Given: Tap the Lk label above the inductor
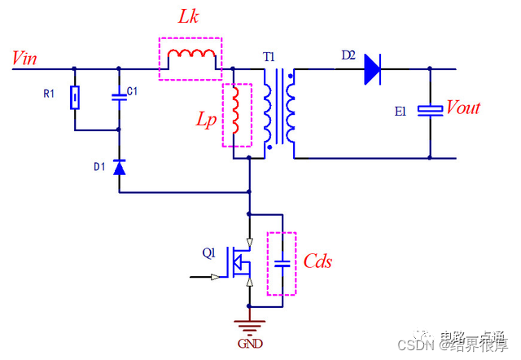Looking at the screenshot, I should click(188, 19).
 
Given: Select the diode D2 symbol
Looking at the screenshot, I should click(373, 68).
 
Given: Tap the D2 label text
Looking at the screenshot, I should click(348, 55).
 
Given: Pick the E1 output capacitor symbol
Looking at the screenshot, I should click(430, 110).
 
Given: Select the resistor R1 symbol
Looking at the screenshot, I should click(75, 99).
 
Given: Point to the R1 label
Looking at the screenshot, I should click(49, 94).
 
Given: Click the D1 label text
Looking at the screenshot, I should click(99, 167).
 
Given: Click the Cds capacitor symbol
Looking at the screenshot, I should click(282, 263).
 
